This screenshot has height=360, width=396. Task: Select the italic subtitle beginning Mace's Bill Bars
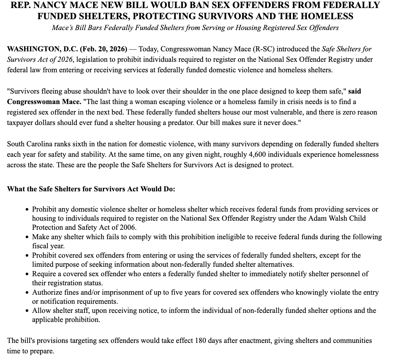tap(195, 28)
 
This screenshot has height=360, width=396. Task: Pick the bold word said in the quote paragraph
tap(354, 91)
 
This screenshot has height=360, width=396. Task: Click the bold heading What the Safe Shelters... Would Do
tap(91, 189)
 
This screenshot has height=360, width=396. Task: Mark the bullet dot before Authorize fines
tap(28, 292)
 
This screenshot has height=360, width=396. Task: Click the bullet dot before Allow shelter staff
tap(28, 311)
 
